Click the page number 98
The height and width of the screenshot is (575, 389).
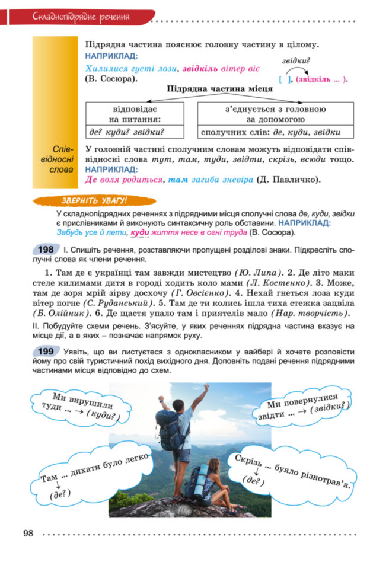point(28,533)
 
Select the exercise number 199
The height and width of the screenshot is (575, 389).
point(46,352)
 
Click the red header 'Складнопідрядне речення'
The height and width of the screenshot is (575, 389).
point(81,16)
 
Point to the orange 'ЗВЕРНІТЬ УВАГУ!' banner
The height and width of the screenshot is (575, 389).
point(94,201)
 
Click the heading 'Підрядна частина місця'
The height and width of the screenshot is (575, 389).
point(219,89)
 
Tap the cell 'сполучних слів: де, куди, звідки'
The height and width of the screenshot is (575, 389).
point(275,132)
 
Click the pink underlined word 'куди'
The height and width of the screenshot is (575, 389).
point(139,232)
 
